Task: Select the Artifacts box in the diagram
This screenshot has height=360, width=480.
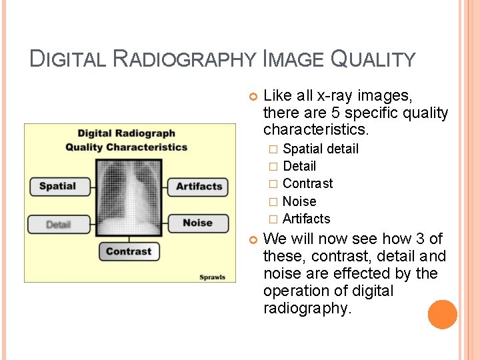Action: (x=198, y=187)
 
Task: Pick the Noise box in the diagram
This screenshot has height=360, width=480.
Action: (x=197, y=223)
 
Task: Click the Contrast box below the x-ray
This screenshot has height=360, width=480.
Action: (x=129, y=251)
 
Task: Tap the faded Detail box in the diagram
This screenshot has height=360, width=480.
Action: (x=58, y=224)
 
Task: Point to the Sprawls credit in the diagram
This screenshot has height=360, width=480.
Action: (x=212, y=277)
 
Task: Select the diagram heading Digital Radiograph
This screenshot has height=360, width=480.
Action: (x=127, y=134)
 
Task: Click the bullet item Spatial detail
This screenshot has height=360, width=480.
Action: (x=320, y=149)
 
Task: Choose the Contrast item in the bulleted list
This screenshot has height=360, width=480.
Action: (x=307, y=183)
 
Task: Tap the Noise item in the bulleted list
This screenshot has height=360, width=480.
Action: (x=299, y=201)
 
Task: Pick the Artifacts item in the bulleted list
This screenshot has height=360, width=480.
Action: (x=306, y=219)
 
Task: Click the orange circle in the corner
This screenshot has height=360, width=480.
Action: (x=442, y=314)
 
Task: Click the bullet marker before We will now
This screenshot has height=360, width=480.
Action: (x=252, y=239)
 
